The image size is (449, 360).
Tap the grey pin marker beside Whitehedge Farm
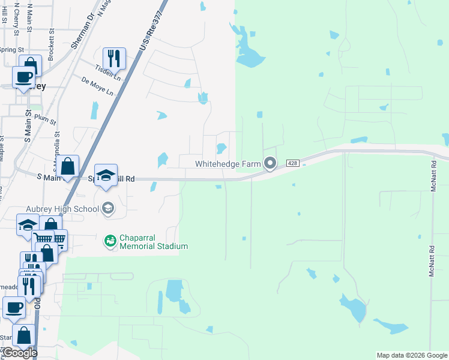coord(270,163)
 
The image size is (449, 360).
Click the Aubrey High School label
coord(62,209)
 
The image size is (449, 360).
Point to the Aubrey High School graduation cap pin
coord(108,208)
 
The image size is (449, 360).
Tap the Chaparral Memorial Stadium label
coord(154,241)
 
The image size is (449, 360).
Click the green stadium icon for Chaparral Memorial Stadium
coord(109,241)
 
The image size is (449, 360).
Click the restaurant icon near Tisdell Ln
coord(114,58)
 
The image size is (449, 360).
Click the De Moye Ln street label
coord(97,86)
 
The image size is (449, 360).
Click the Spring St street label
coord(11,50)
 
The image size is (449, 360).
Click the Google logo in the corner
coord(19,353)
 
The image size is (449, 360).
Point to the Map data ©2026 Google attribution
coord(411,355)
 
